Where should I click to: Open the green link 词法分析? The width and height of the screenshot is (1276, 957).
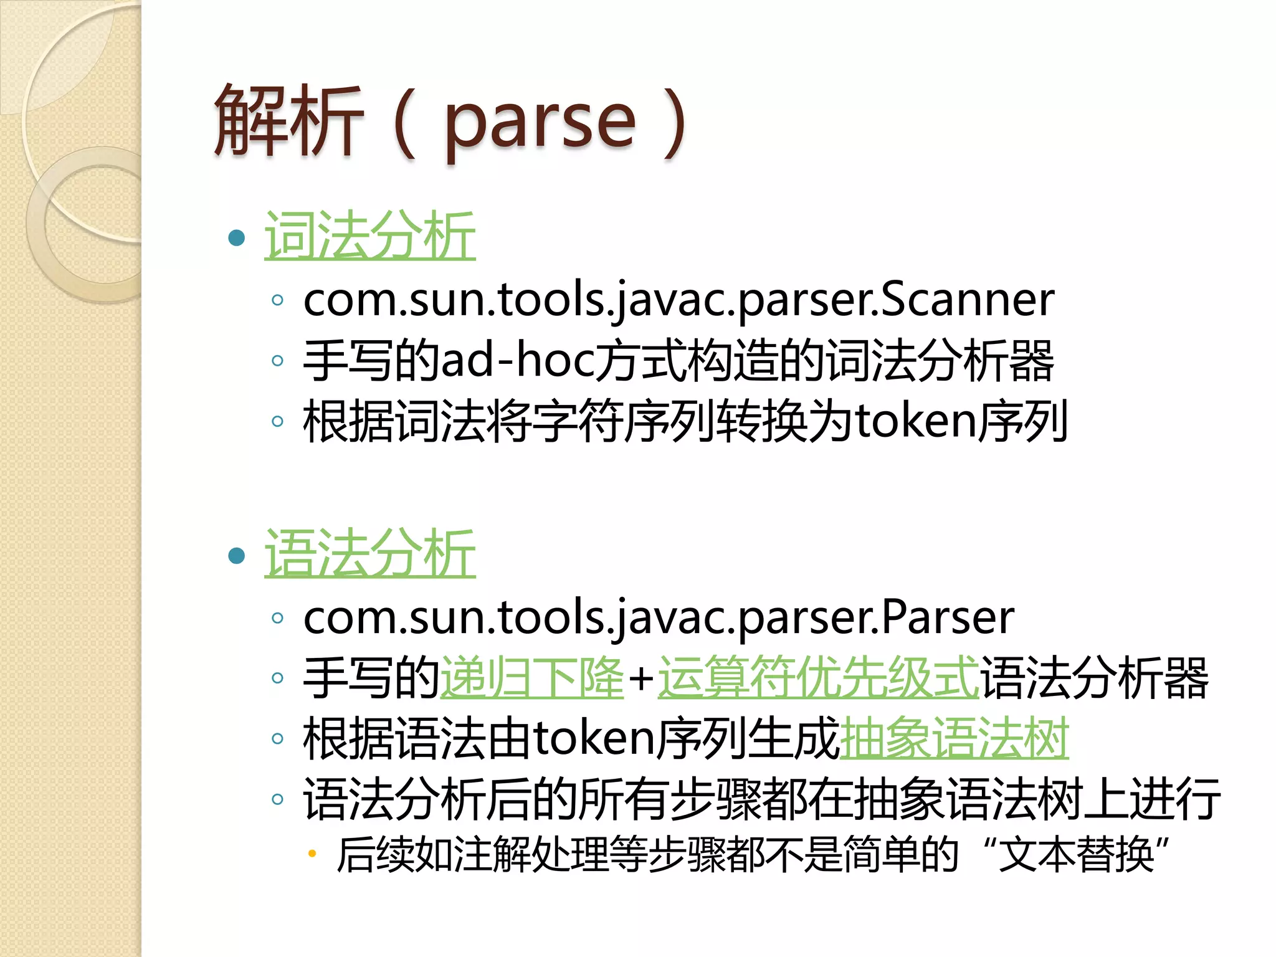[x=370, y=236]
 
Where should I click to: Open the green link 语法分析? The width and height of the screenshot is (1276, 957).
[x=370, y=553]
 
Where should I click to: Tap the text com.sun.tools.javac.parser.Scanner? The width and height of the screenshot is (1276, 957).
[x=678, y=300]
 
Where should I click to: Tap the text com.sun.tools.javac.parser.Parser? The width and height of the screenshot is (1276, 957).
[x=659, y=617]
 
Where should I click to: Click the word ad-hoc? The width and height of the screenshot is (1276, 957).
[x=518, y=361]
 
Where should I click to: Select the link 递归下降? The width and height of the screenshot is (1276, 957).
[x=531, y=677]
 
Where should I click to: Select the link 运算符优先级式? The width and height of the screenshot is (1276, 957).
[x=818, y=677]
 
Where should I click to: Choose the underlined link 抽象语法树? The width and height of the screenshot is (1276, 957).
[x=954, y=738]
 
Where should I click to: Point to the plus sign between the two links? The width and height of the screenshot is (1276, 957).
[x=640, y=678]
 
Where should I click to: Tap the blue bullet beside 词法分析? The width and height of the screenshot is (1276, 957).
[x=237, y=237]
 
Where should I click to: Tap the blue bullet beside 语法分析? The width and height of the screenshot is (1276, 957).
[x=237, y=555]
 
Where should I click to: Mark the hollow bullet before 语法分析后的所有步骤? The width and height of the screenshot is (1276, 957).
[x=278, y=799]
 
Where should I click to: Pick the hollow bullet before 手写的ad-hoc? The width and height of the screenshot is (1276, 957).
[x=278, y=360]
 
